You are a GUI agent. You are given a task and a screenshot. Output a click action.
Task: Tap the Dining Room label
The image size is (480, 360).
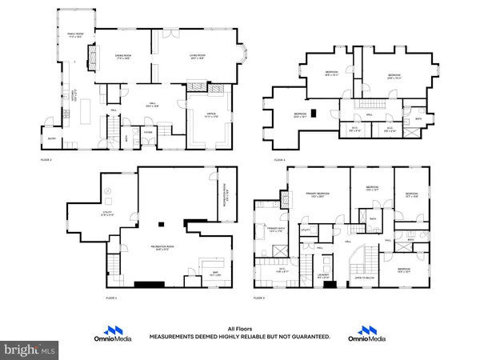(x=123, y=57)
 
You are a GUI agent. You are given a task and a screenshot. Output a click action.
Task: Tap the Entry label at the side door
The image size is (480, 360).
(x=52, y=138)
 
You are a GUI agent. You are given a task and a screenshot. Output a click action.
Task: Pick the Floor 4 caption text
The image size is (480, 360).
(x=280, y=161)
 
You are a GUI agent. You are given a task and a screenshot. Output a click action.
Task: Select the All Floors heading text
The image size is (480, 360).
(x=239, y=329)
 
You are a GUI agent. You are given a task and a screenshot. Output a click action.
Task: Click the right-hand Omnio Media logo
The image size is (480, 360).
(x=367, y=332)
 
